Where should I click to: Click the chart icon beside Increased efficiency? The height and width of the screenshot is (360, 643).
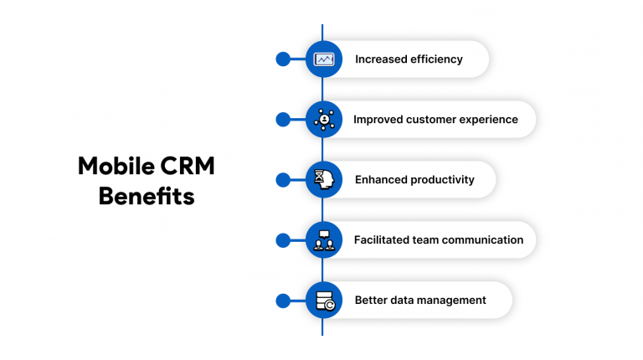click(324, 59)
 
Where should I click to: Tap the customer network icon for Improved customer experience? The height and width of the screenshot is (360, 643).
click(324, 120)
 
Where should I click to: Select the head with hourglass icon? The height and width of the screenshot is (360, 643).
click(324, 180)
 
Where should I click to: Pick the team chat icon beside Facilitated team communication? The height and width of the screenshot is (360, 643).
click(324, 240)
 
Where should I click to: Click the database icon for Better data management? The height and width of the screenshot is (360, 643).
click(326, 301)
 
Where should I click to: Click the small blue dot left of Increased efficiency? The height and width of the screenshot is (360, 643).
click(283, 59)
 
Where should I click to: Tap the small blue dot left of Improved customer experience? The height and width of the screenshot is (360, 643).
click(283, 120)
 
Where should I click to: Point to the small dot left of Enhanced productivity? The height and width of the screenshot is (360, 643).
click(283, 180)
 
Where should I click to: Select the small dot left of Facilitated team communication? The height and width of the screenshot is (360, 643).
click(283, 240)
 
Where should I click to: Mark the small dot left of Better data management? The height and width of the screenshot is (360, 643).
click(283, 301)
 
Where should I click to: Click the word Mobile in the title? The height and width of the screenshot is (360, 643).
click(116, 166)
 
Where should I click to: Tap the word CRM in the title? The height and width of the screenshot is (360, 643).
click(188, 166)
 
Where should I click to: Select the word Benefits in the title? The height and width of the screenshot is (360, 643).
click(147, 196)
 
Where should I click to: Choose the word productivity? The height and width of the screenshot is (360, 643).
click(442, 180)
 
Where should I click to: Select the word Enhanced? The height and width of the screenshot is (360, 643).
click(381, 180)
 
